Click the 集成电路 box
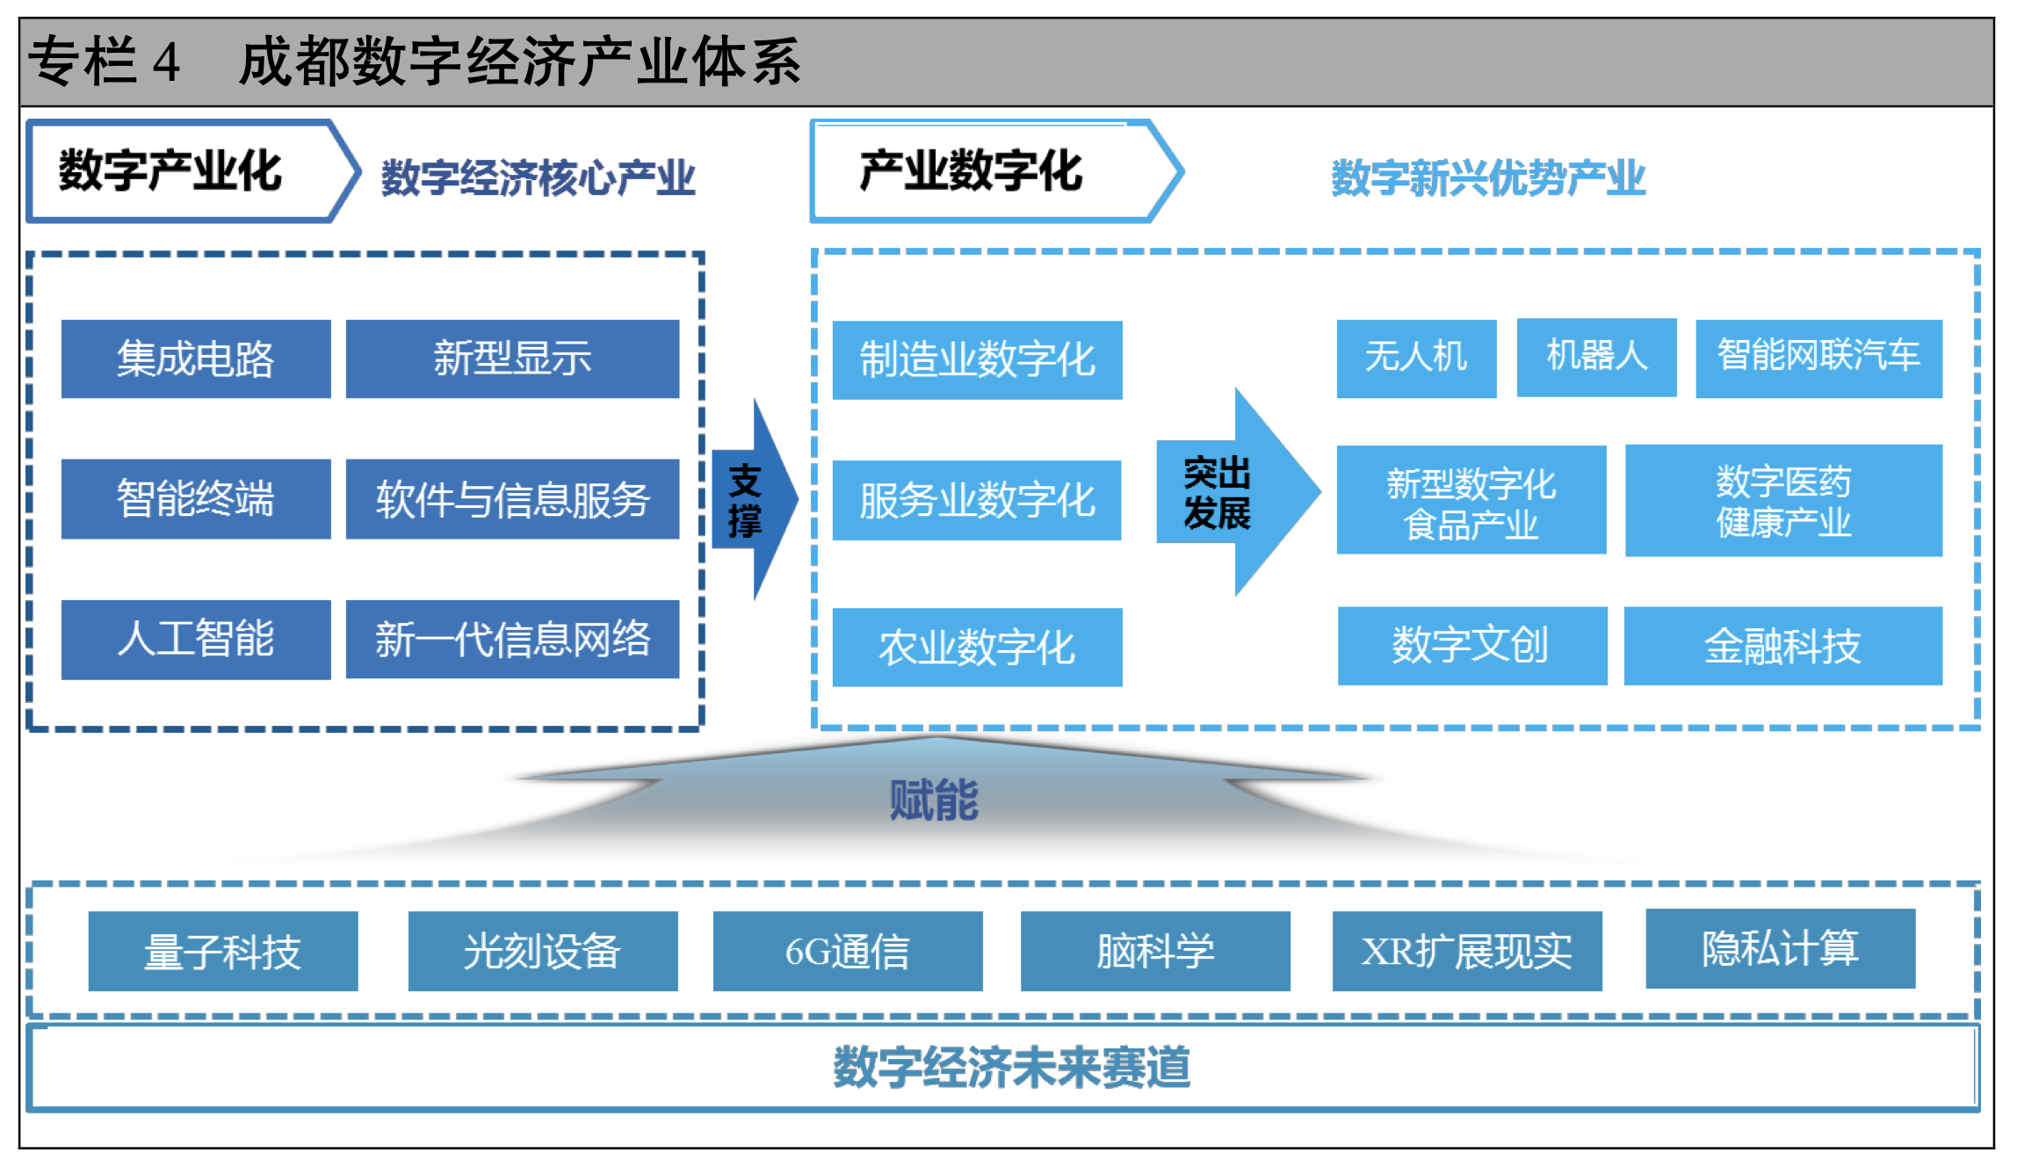(195, 359)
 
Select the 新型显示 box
(512, 359)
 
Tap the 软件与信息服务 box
(512, 499)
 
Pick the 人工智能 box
(195, 639)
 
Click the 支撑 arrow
(751, 500)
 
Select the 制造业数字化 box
(977, 360)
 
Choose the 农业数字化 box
(977, 647)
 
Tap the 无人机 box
(1416, 359)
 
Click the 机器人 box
(1596, 357)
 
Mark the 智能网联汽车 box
(1818, 359)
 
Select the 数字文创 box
(1471, 646)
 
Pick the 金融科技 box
(1782, 646)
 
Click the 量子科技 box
(223, 951)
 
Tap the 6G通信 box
(847, 951)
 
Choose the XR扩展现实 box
(1466, 951)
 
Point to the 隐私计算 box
(1780, 948)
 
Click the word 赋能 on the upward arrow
(934, 800)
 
